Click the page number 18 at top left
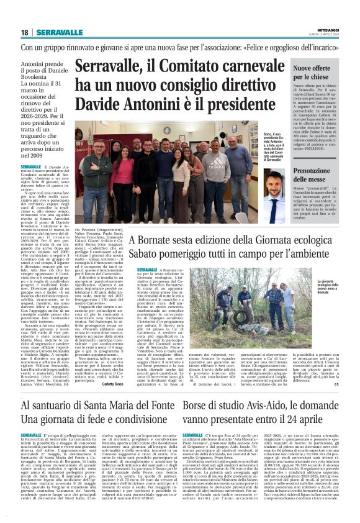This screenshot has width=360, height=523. (24, 32)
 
